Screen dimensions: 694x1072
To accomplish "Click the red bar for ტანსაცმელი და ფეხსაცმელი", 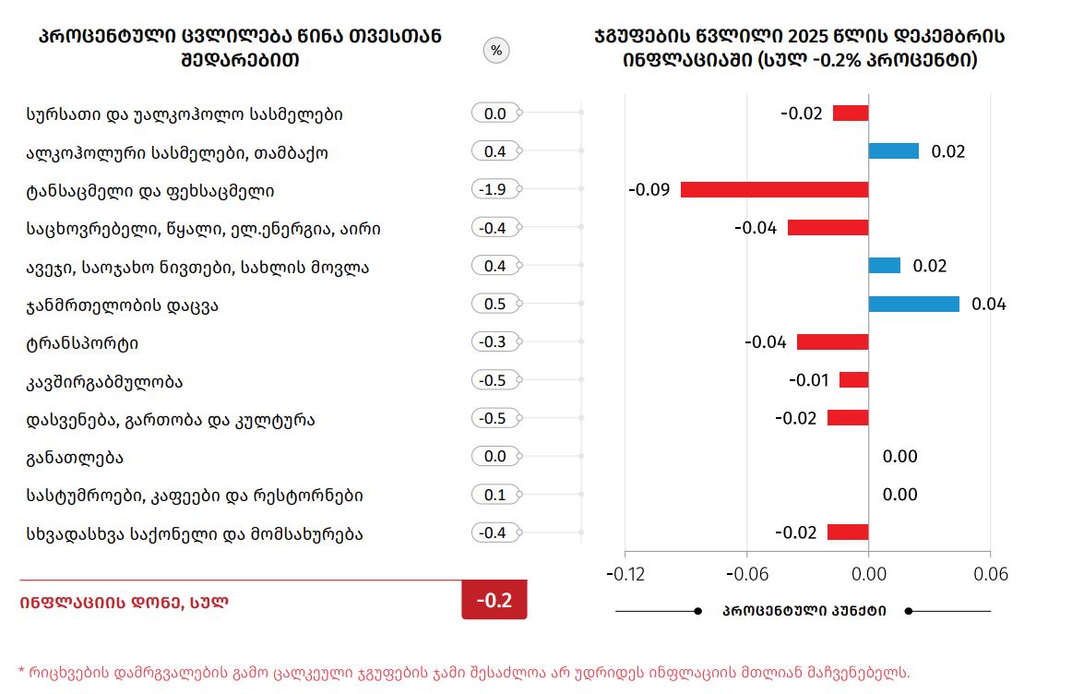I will click(x=774, y=190).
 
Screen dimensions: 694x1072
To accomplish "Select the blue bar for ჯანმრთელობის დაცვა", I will click(x=913, y=305).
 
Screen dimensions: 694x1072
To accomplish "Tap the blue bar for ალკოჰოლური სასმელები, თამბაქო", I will click(x=893, y=151).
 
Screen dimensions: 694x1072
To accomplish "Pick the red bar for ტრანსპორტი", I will click(x=832, y=342).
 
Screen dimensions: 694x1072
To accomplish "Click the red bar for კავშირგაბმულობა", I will click(x=853, y=380).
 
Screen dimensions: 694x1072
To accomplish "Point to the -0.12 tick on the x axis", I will click(x=625, y=574).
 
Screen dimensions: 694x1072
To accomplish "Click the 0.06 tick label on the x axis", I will click(x=990, y=574).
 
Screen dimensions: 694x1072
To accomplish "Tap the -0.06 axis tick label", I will click(x=746, y=574).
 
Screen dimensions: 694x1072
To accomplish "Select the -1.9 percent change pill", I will click(x=495, y=190).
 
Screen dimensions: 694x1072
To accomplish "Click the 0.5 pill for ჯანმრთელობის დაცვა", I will click(x=495, y=305).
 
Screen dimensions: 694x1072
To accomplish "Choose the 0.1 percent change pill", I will click(x=495, y=495).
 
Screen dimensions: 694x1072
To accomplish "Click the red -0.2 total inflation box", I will click(x=494, y=601).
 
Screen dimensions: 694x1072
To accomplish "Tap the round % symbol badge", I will click(x=496, y=51).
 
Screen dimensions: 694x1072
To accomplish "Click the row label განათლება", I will click(x=76, y=458).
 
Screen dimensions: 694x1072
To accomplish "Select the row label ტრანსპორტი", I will click(x=83, y=343).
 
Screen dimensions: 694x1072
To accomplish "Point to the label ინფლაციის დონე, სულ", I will click(x=124, y=603).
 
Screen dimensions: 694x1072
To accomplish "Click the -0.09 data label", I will click(x=649, y=190).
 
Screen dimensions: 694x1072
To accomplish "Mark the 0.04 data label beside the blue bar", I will click(x=988, y=305).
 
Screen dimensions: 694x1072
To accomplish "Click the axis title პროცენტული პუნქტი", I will click(x=804, y=611).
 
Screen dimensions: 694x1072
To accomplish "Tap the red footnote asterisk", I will click(x=22, y=672).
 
